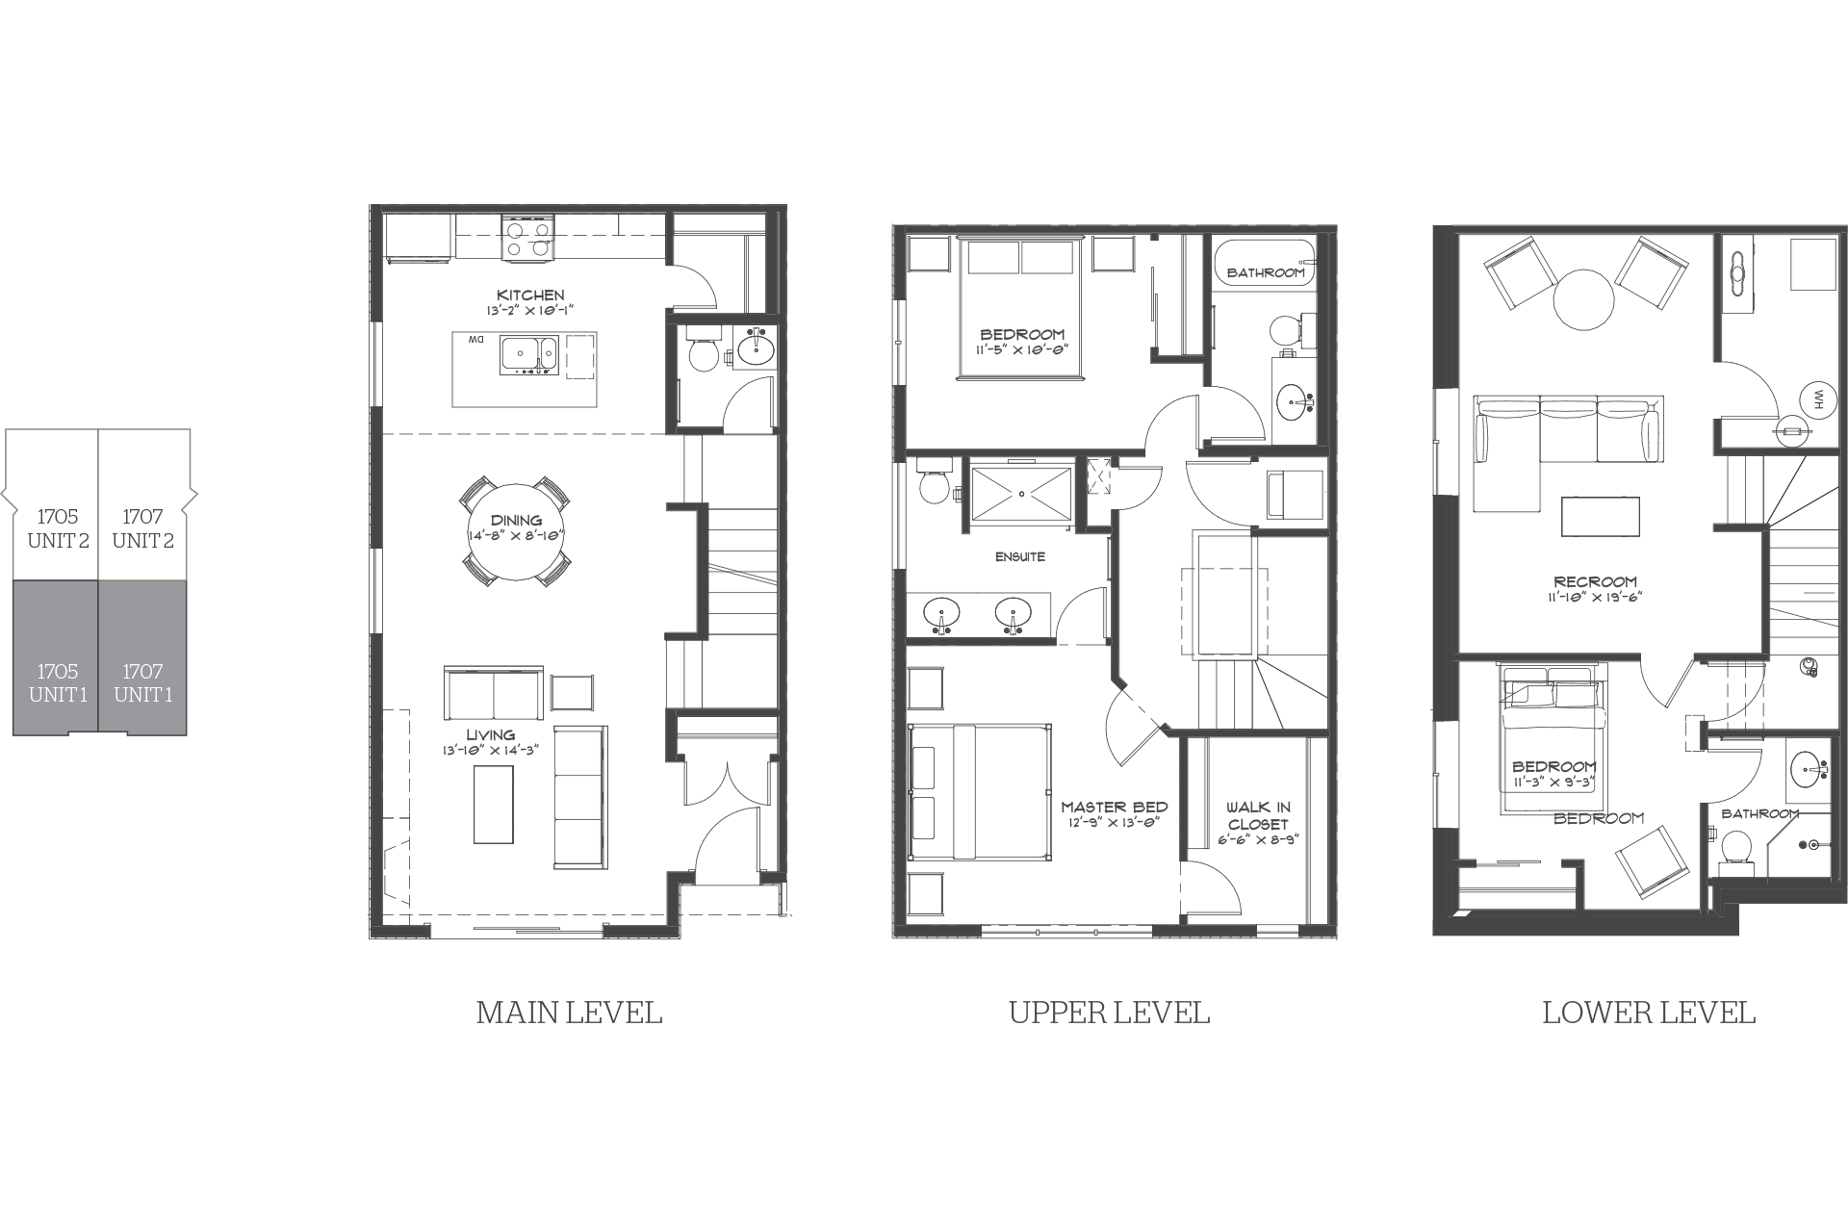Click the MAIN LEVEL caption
pyautogui.click(x=570, y=1013)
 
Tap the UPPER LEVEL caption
pyautogui.click(x=1109, y=1013)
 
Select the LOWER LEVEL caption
pyautogui.click(x=1649, y=1013)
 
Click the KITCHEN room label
pyautogui.click(x=530, y=295)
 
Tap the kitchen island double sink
pyautogui.click(x=528, y=354)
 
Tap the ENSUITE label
pyautogui.click(x=1020, y=556)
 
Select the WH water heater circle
pyautogui.click(x=1818, y=398)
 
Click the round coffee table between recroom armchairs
pyautogui.click(x=1583, y=298)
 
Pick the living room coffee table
pyautogui.click(x=494, y=804)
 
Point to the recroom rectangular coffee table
pyautogui.click(x=1601, y=516)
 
